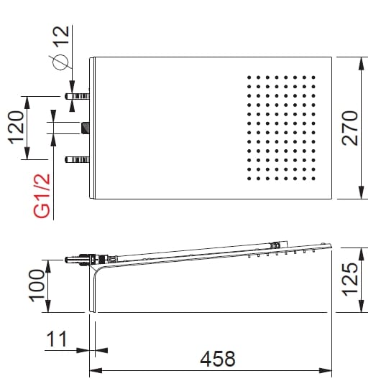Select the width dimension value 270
coord(350,128)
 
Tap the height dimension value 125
coord(349,278)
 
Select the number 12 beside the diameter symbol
coord(63,35)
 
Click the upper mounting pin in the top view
coord(77,95)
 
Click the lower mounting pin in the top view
coord(77,159)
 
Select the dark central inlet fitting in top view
coord(86,128)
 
